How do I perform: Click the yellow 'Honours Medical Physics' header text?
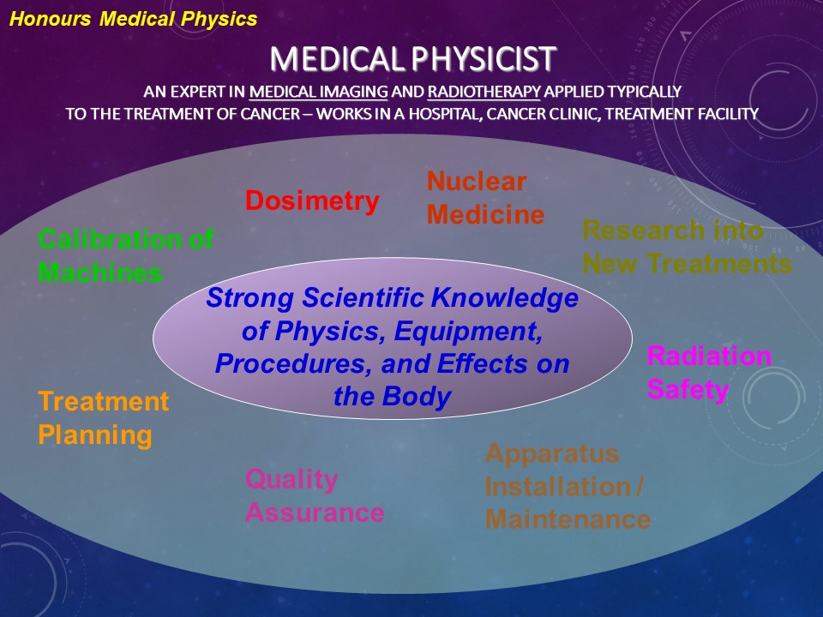[134, 20]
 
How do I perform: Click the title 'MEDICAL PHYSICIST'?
[412, 59]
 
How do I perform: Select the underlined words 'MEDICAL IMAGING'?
[319, 92]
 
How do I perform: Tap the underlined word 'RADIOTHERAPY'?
[484, 92]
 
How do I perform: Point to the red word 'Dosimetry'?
[312, 201]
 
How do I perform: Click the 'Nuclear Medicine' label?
[485, 198]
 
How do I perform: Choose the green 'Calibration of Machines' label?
[126, 255]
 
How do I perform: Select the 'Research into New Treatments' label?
[687, 247]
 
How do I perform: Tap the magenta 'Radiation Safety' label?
[709, 373]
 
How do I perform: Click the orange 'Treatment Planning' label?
[104, 418]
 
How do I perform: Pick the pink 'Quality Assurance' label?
[315, 496]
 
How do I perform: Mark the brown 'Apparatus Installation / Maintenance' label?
[568, 487]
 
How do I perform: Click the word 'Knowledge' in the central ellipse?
[504, 298]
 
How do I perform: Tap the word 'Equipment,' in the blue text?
[468, 331]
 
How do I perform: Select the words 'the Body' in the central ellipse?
[393, 396]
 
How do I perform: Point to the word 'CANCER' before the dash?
[270, 114]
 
